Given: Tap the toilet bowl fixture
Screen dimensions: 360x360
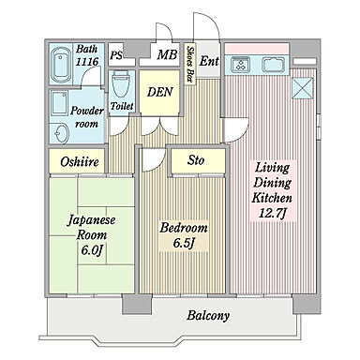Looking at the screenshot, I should (121, 84).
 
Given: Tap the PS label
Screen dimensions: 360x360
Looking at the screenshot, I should (116, 54).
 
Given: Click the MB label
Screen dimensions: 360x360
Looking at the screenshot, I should (167, 55).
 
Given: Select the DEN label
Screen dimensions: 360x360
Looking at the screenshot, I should (157, 92).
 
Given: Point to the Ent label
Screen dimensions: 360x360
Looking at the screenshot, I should (210, 63).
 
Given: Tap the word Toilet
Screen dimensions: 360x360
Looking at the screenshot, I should (121, 107).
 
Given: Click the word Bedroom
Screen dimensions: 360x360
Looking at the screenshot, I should (183, 228).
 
